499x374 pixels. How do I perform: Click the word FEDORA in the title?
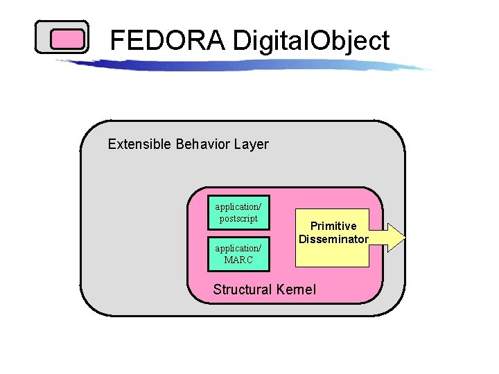(x=168, y=41)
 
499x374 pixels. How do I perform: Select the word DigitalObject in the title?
(x=311, y=41)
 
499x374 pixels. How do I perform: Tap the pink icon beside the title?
(x=62, y=37)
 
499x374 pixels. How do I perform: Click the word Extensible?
(x=139, y=144)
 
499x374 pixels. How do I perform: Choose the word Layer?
(x=251, y=144)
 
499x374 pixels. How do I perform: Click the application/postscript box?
(x=238, y=213)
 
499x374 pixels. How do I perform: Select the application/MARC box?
(x=238, y=253)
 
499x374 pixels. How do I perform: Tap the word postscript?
(x=238, y=219)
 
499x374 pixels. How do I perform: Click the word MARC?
(x=238, y=260)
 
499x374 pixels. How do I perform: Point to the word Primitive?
(x=333, y=226)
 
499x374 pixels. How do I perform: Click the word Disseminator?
(x=333, y=239)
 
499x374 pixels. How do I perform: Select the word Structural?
(x=243, y=290)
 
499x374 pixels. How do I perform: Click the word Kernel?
(x=296, y=290)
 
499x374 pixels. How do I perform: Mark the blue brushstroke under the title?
(x=243, y=64)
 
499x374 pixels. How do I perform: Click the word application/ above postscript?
(x=238, y=207)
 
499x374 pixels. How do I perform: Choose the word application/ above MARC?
(x=238, y=248)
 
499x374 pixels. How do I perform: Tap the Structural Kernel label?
(x=264, y=290)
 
